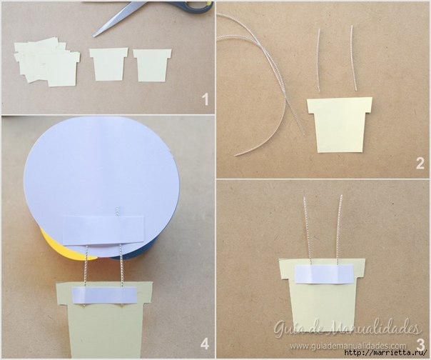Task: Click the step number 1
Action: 205,99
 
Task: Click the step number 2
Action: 420,164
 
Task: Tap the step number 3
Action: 420,344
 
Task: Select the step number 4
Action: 205,344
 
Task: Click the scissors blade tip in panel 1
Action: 93,36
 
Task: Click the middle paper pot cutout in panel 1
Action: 109,64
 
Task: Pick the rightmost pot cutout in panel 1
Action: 152,65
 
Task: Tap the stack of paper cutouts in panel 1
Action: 47,63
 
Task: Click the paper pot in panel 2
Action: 340,125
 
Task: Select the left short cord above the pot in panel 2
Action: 318,60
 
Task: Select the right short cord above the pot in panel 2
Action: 354,58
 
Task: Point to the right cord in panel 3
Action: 340,231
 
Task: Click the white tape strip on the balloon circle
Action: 103,230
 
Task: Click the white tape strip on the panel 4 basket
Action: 104,295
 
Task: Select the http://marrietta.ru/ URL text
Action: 386,352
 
